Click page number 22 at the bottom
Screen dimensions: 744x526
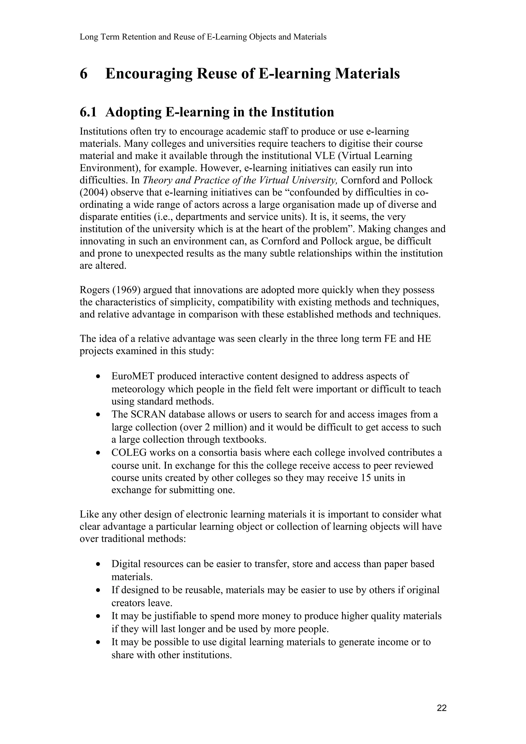(x=442, y=708)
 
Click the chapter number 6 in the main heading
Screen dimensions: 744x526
(x=84, y=74)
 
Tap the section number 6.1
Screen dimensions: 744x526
(x=88, y=112)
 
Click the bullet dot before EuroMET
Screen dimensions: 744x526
(x=98, y=377)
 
